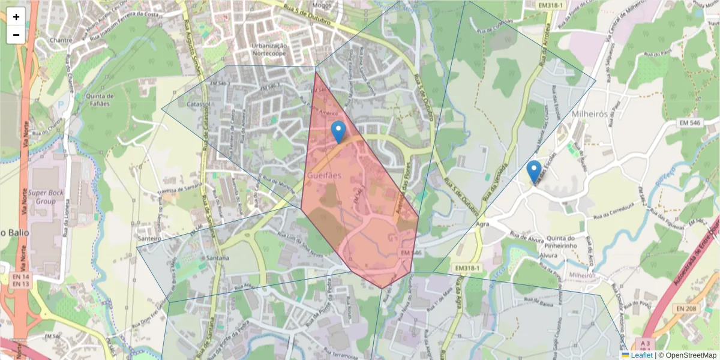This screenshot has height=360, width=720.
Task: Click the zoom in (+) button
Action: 16,17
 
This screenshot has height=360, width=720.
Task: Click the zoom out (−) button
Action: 16,35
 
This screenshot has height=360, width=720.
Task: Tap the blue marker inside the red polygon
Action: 338,131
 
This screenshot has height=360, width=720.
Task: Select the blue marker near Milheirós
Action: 534,172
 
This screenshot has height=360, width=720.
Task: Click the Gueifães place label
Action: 324,175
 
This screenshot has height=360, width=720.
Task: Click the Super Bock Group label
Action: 49,197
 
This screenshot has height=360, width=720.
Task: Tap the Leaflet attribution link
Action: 641,355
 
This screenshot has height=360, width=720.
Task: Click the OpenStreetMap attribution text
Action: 688,355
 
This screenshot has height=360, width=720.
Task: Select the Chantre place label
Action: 61,40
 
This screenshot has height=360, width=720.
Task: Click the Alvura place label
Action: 548,255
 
